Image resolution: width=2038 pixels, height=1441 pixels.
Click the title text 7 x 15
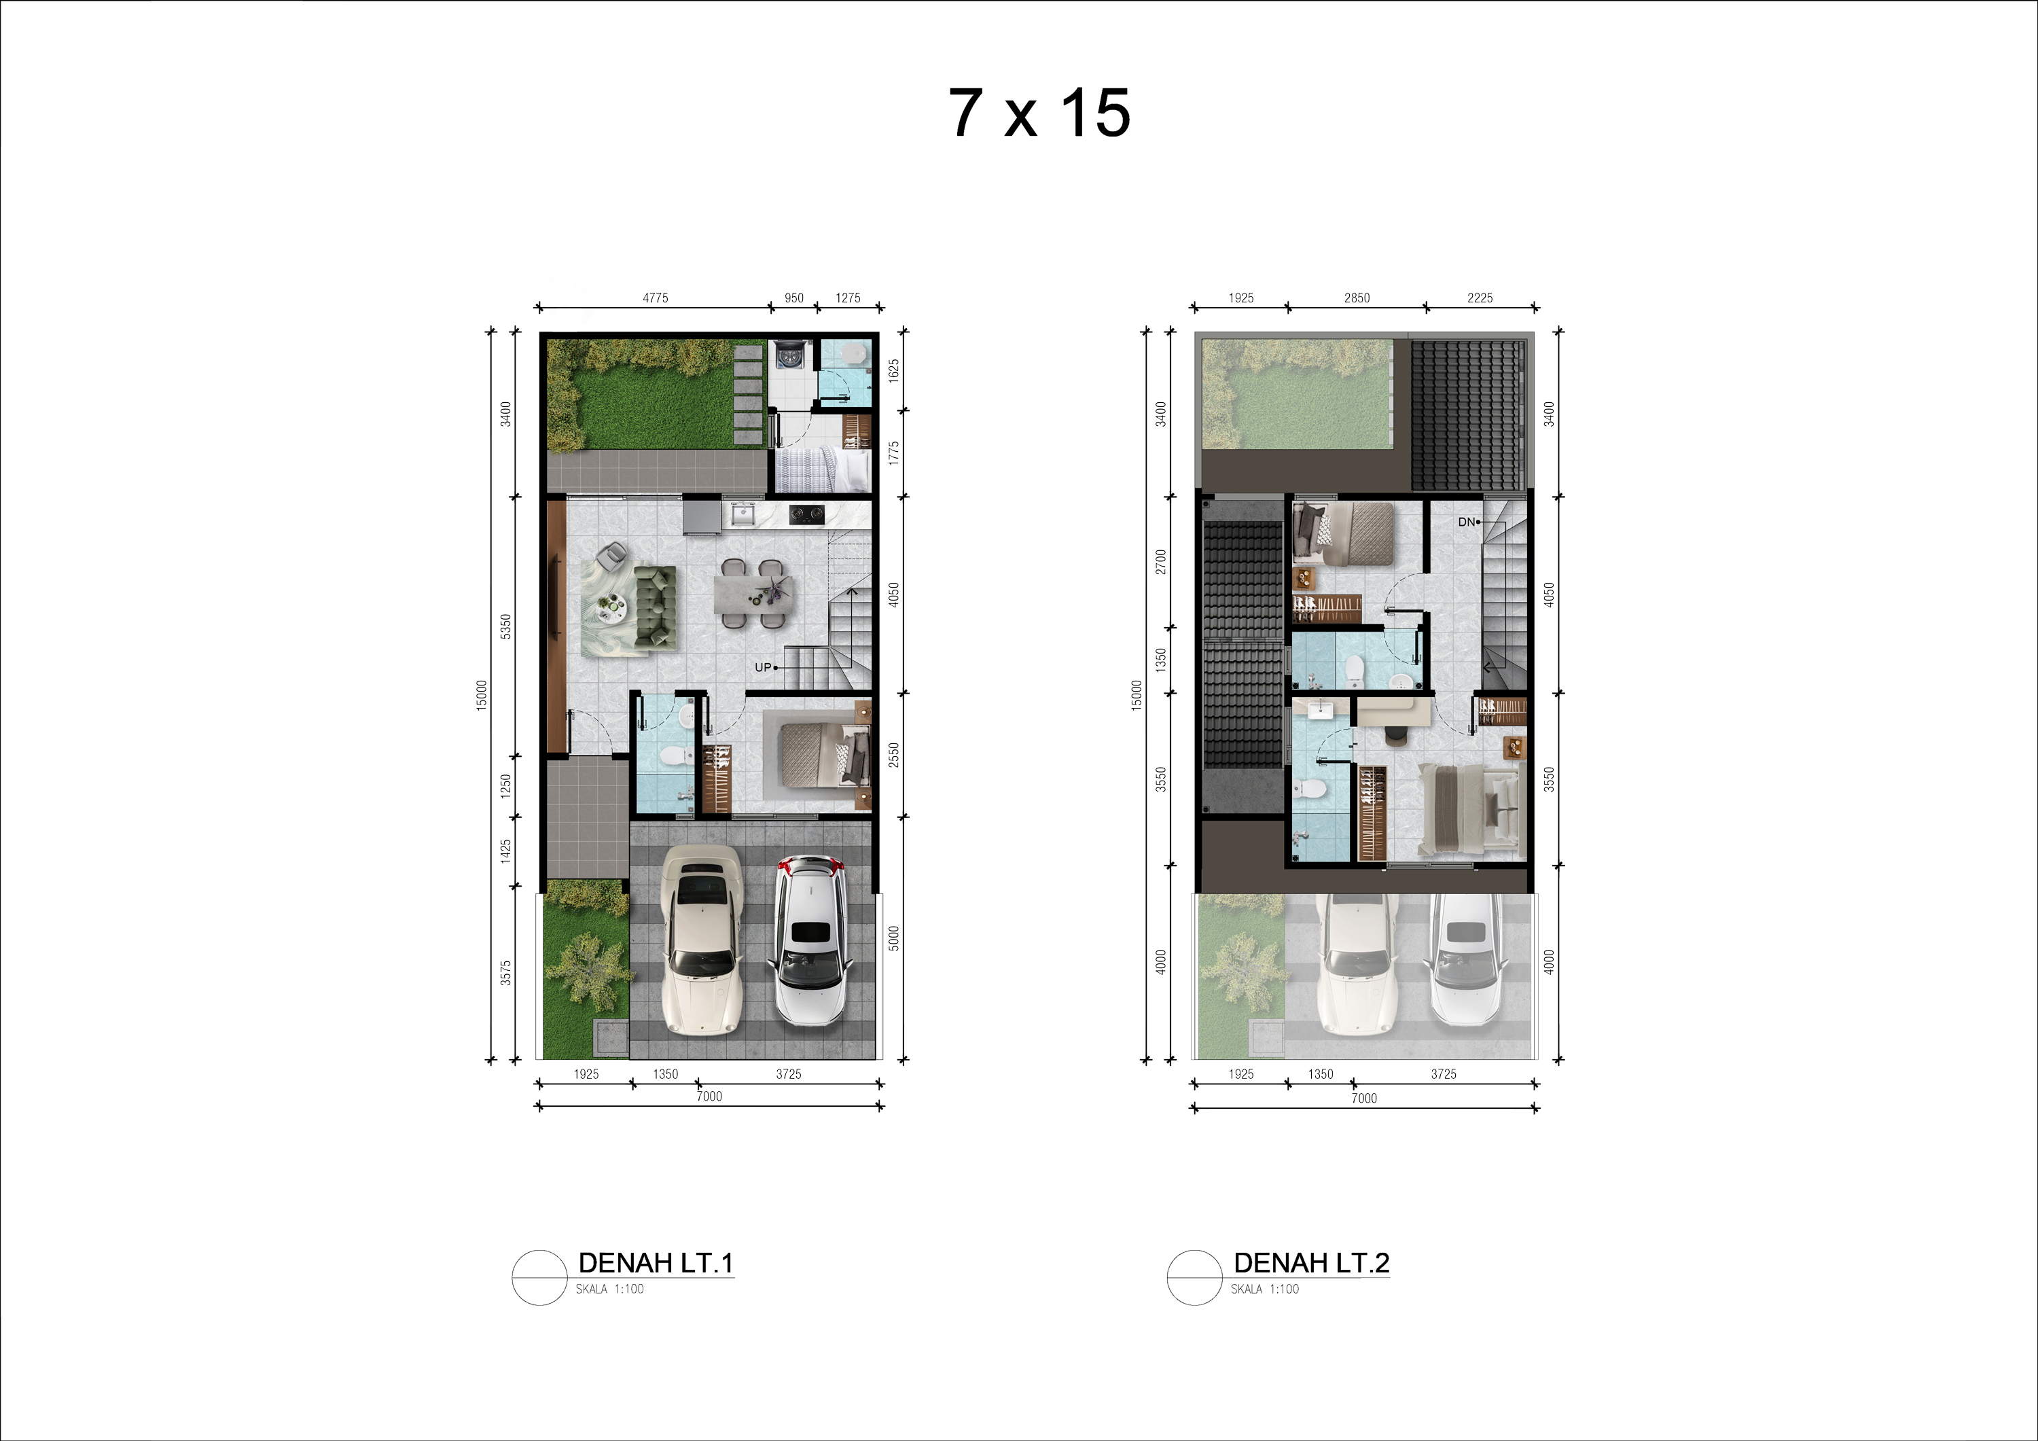[x=1039, y=113]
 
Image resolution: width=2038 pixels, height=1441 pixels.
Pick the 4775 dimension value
[x=655, y=298]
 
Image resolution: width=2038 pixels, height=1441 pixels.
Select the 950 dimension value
[x=794, y=298]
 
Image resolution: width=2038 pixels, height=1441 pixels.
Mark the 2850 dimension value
[x=1357, y=298]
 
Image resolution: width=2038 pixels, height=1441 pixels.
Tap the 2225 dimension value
[x=1480, y=298]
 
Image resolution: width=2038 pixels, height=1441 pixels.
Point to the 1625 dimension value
[x=894, y=370]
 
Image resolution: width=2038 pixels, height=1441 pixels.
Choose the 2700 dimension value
[x=1160, y=562]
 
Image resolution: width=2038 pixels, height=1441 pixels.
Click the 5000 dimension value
[x=894, y=938]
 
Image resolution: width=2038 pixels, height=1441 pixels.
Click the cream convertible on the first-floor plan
[x=701, y=940]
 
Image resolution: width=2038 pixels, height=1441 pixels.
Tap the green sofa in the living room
[x=656, y=607]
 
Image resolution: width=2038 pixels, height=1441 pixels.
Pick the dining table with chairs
[x=751, y=593]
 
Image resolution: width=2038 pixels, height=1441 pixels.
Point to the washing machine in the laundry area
[x=790, y=355]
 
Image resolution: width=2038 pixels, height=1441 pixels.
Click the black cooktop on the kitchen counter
[x=806, y=514]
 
